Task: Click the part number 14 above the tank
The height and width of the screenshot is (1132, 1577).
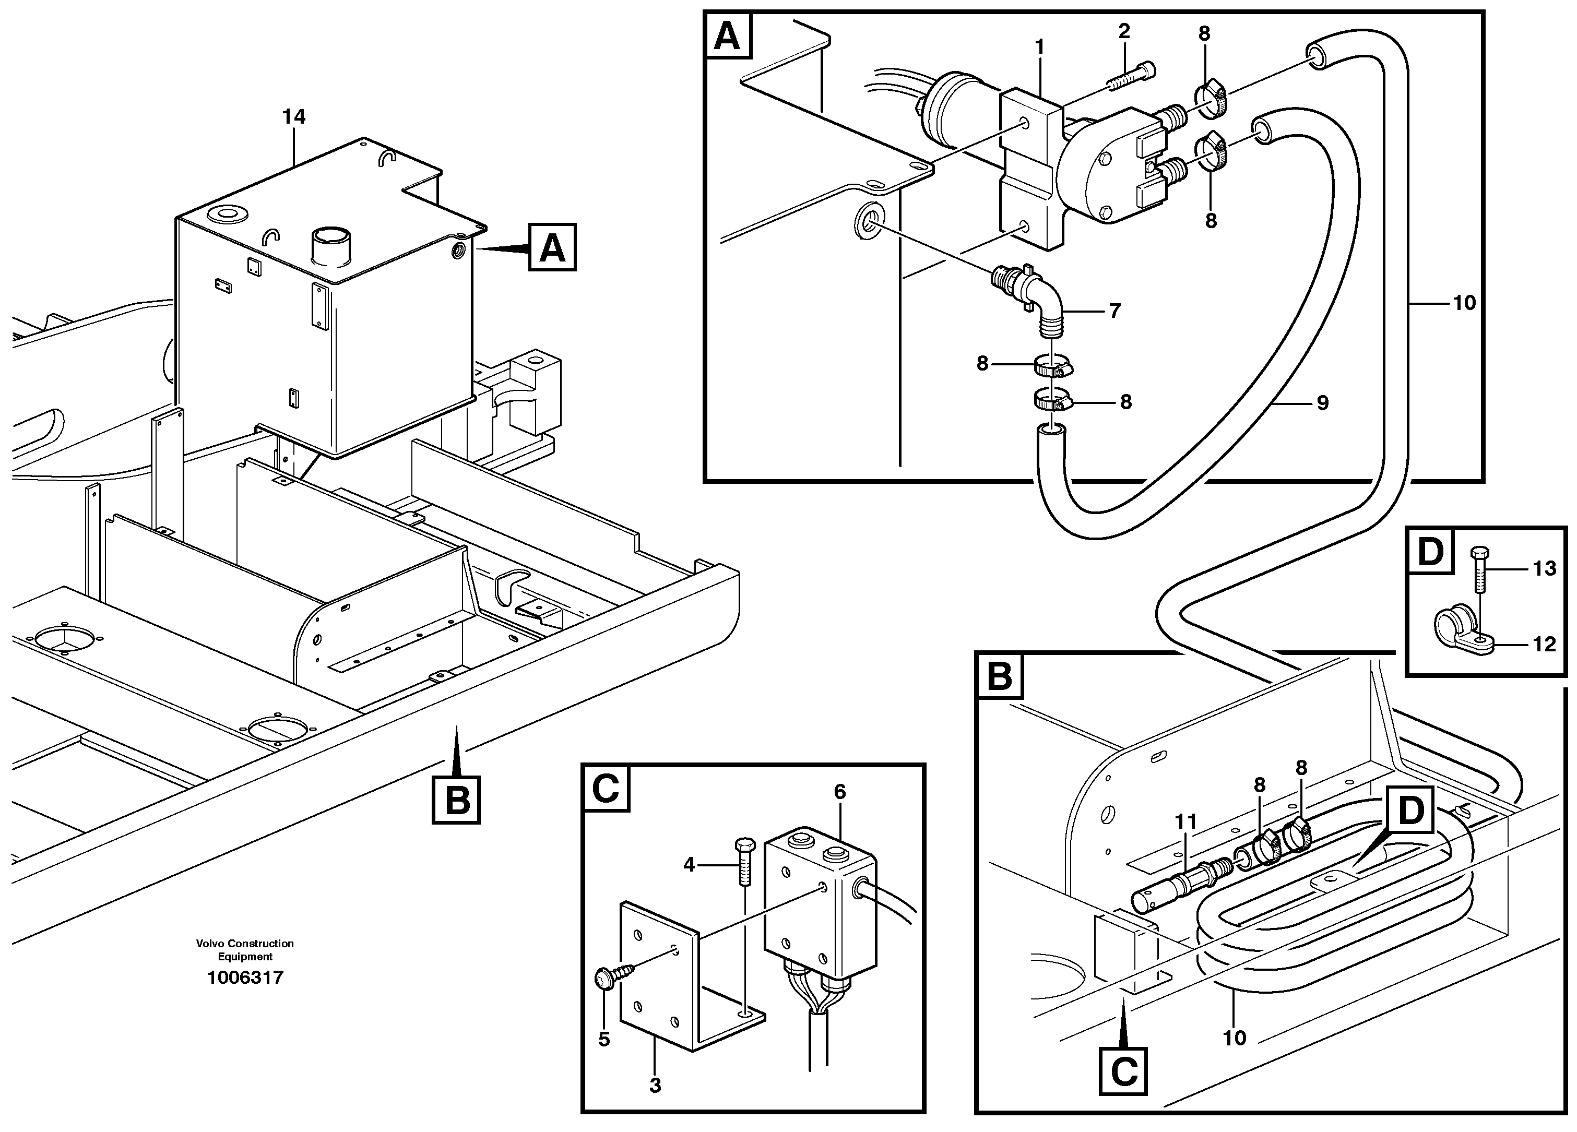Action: [x=293, y=117]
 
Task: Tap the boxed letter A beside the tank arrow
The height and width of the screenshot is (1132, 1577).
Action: [x=552, y=247]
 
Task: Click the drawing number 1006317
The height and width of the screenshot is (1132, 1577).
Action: [x=245, y=978]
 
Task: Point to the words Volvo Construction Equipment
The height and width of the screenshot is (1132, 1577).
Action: [x=245, y=950]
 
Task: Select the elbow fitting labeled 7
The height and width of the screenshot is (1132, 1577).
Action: [x=1034, y=296]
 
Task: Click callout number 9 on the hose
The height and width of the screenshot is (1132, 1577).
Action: [x=1322, y=402]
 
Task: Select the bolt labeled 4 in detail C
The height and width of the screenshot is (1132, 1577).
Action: [x=743, y=861]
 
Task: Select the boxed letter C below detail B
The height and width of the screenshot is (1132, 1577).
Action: [x=1124, y=1073]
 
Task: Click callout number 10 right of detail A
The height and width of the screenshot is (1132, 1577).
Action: [x=1464, y=303]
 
